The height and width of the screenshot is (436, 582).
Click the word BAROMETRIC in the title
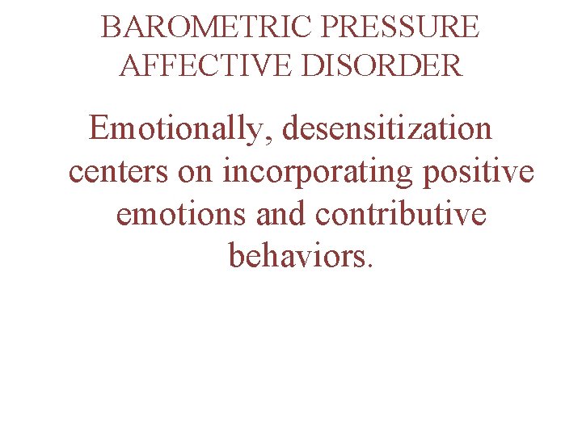tap(207, 27)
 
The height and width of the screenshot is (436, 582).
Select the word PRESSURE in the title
tap(401, 27)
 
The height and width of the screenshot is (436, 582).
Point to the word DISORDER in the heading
tap(382, 65)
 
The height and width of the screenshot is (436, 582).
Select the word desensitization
tap(386, 128)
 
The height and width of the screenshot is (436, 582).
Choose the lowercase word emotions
tap(183, 214)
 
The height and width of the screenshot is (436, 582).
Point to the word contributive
tap(402, 214)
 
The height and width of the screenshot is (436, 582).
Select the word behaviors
tap(297, 257)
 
